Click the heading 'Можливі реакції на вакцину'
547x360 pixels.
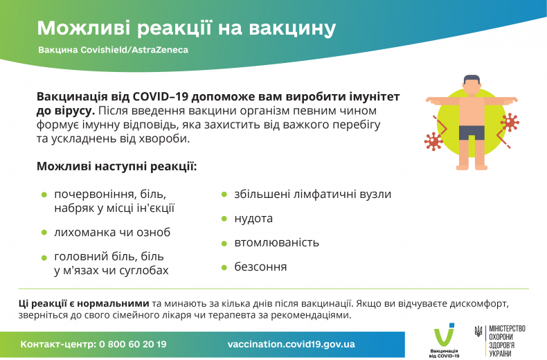coord(186,28)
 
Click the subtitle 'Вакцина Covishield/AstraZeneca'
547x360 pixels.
coord(113,51)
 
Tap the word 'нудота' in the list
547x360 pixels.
coord(253,218)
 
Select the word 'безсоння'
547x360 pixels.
coord(260,267)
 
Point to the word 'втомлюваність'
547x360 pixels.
coord(276,242)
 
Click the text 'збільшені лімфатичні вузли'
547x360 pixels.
coord(312,194)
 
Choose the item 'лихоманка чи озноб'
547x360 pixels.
coord(112,232)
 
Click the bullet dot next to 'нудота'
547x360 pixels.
coord(224,219)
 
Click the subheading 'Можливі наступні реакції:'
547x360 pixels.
coord(116,167)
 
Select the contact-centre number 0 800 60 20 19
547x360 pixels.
coord(133,344)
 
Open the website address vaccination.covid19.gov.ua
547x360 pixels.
coord(291,344)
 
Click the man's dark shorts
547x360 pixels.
coord(472,132)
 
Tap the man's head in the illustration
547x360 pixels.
coord(472,85)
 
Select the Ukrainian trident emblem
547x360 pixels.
coord(478,332)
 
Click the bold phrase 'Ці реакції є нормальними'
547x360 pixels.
coord(84,303)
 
